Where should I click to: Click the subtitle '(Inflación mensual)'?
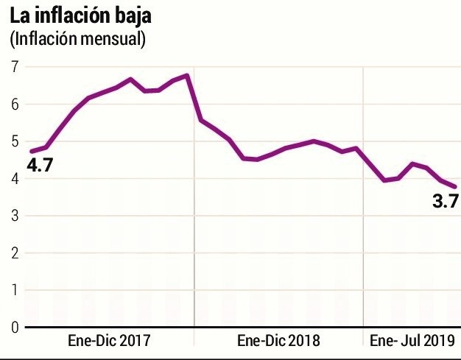tap(77, 38)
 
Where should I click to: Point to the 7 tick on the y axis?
tap(14, 67)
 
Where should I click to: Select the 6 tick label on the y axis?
tap(14, 105)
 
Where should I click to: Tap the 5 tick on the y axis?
tap(14, 141)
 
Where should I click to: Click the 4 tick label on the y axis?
tap(14, 179)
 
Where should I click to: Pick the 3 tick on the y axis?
tap(14, 216)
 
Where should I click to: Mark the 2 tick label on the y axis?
tap(14, 253)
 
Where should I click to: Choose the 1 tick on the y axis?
tap(14, 290)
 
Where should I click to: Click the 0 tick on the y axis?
tap(14, 327)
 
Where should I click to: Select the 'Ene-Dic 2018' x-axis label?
tap(278, 341)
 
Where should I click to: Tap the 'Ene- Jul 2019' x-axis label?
tap(411, 341)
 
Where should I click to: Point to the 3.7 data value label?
tap(446, 200)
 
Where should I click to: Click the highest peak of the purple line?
tap(187, 75)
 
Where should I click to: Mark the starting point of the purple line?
tap(31, 151)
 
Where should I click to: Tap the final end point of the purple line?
tap(454, 187)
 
